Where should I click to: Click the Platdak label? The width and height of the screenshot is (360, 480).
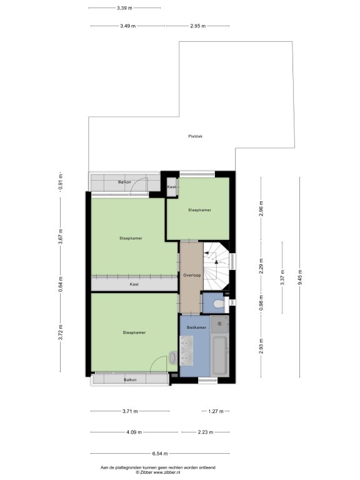pos(195,136)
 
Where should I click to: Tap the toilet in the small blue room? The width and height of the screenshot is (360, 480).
pos(219,303)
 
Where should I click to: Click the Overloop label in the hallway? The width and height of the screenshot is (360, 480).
pos(192,275)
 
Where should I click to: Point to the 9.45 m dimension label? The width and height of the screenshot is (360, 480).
pos(300,277)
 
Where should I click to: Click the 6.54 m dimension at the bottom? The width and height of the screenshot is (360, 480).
pos(160,454)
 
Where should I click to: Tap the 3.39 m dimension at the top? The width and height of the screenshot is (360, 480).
pos(124,8)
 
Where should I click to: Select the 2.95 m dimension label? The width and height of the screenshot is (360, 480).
pos(197,26)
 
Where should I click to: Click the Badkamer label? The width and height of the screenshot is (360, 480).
pos(196,327)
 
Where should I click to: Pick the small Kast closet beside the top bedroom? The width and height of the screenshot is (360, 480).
pos(172,187)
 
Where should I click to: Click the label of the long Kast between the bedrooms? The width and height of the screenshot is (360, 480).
pos(134,284)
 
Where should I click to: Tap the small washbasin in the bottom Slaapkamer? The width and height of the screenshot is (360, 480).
pos(172,358)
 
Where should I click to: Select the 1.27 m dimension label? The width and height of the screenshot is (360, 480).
pos(216,411)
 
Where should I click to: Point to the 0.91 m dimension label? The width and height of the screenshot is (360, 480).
pos(61,181)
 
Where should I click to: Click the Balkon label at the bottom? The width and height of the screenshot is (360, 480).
pos(130,379)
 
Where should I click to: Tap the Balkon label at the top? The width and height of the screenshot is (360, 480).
pos(124,182)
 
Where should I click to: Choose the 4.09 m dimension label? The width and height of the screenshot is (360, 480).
pos(134,432)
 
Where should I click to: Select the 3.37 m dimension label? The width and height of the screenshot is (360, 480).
pos(282,277)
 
